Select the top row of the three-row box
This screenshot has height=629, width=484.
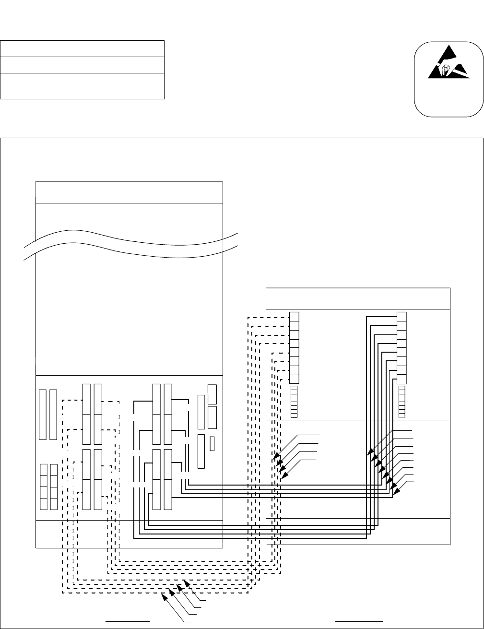coord(82,49)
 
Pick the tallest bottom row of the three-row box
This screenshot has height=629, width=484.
coord(82,86)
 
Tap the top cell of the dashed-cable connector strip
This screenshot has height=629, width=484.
coord(295,317)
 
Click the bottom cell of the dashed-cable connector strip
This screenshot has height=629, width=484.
coord(295,379)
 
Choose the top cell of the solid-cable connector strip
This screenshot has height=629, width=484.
coord(402,317)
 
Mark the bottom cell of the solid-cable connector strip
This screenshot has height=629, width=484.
coord(402,379)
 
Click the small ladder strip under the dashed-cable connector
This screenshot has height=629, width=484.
coord(295,401)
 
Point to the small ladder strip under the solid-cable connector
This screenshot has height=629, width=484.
coord(402,401)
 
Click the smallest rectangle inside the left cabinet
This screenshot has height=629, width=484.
coord(212,444)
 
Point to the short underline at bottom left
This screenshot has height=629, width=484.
coord(128,621)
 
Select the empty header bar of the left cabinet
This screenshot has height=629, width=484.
coord(129,192)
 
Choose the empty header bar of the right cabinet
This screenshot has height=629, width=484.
coord(358,299)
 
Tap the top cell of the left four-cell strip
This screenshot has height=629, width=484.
coord(44,470)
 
